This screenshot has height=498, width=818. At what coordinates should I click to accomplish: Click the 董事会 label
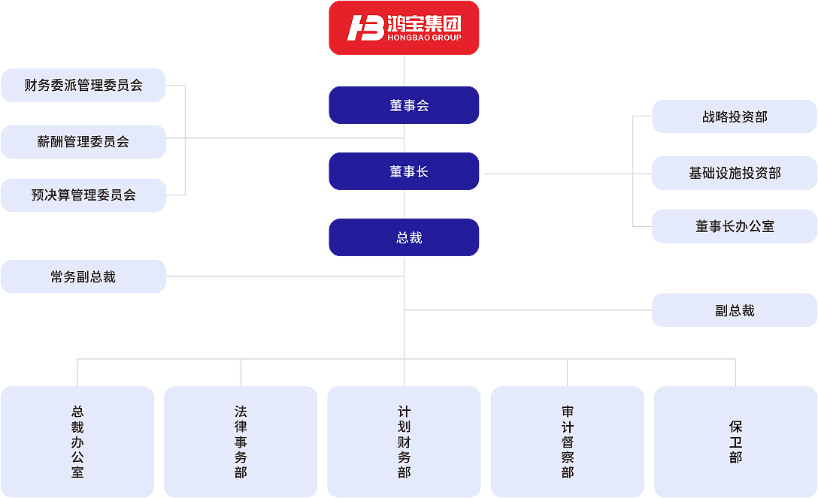[409, 106]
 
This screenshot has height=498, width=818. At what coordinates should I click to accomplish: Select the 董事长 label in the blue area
[409, 172]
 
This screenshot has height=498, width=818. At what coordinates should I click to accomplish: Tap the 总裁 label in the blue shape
[409, 237]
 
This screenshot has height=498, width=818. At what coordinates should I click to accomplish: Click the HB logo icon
[365, 28]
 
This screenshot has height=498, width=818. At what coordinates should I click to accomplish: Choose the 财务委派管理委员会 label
[83, 85]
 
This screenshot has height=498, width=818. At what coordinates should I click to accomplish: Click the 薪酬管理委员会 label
[83, 141]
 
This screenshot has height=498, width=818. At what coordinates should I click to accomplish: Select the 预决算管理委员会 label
[83, 195]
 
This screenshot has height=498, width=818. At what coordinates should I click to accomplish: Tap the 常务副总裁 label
[83, 277]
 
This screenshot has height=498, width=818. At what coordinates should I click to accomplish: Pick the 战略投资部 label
[735, 117]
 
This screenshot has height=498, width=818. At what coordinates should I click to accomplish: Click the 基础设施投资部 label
[735, 173]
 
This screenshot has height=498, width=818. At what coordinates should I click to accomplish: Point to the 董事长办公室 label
[735, 226]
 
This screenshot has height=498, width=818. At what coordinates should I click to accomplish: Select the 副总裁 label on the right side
[735, 310]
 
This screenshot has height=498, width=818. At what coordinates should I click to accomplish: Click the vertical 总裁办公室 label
[77, 442]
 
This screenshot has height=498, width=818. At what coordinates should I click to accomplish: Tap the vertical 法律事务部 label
[241, 442]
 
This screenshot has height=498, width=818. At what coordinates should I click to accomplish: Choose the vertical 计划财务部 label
[404, 442]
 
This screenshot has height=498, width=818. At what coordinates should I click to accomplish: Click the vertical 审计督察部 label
[568, 442]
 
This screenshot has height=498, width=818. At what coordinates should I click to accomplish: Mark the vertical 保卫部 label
[735, 442]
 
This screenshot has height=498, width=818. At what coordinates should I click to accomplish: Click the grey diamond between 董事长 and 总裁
[404, 204]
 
